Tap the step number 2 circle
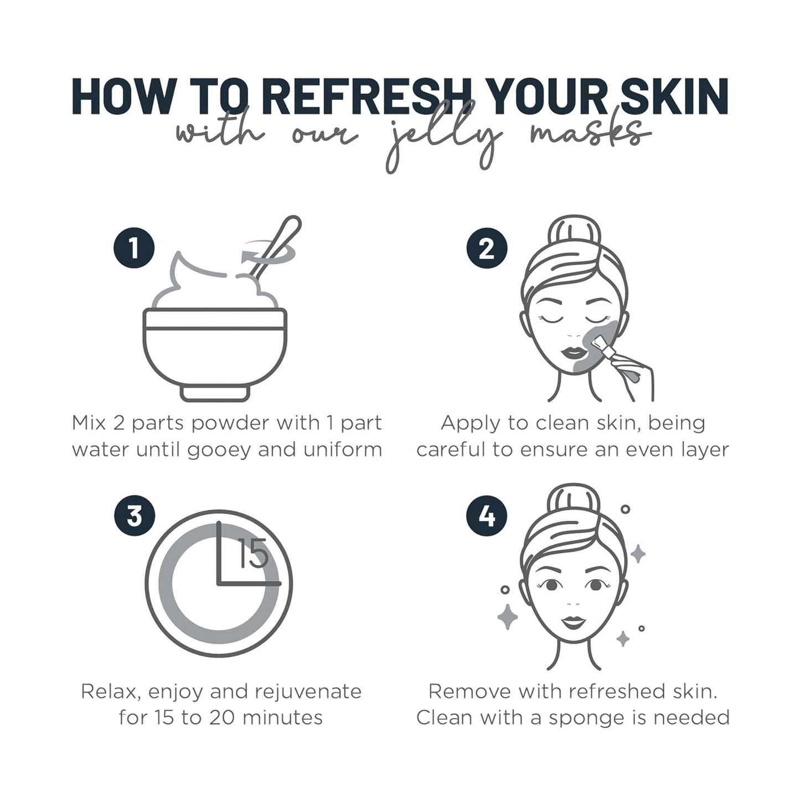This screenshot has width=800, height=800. (487, 249)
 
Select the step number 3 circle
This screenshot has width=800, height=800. (135, 516)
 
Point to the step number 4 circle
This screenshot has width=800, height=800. (487, 516)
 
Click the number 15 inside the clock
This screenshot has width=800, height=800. (252, 554)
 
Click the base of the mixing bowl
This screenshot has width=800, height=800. (215, 393)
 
